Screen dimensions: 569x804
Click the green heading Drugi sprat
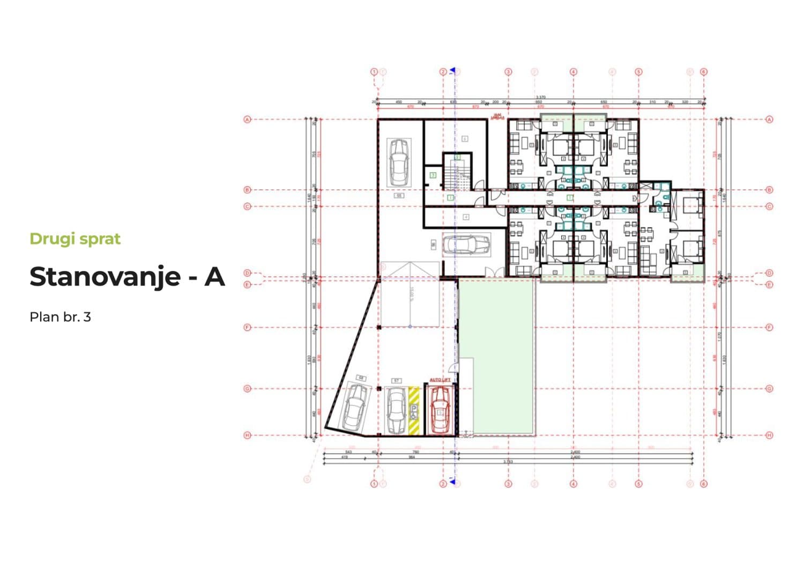coord(75,239)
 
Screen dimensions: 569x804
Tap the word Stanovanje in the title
coord(105,277)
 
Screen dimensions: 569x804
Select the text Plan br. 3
coord(60,317)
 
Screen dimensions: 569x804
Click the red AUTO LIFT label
coord(440,380)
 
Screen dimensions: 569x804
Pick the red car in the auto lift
coord(440,410)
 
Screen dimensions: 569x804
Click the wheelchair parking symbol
coord(414,412)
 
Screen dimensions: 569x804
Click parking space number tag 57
coord(397,381)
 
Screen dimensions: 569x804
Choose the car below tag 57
coord(396,411)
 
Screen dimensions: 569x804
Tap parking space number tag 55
coord(399,196)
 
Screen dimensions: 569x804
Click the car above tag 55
coord(399,161)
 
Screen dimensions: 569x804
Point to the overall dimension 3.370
coord(540,97)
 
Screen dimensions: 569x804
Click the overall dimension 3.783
coord(508,461)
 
